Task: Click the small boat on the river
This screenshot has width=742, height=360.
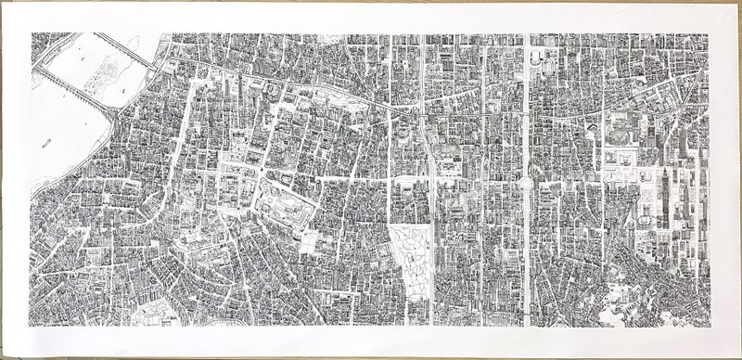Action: pos(46,144)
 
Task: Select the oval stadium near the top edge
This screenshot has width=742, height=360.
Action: pos(538,58)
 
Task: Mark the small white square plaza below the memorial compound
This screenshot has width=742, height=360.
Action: pos(309,243)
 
